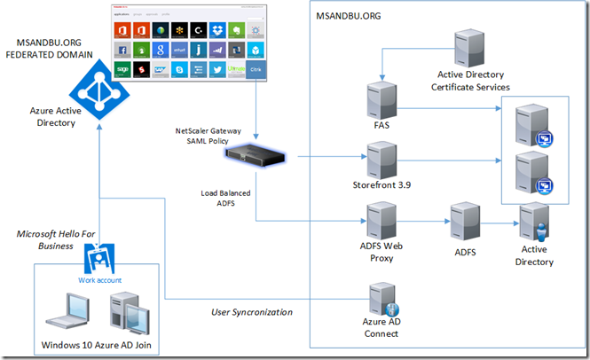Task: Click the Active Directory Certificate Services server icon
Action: coord(469,51)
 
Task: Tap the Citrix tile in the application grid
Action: coord(256,69)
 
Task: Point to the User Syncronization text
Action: coord(251,312)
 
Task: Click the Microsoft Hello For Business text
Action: coord(55,239)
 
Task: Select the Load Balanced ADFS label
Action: coord(217,197)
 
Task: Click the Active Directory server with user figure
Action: coord(534,223)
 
